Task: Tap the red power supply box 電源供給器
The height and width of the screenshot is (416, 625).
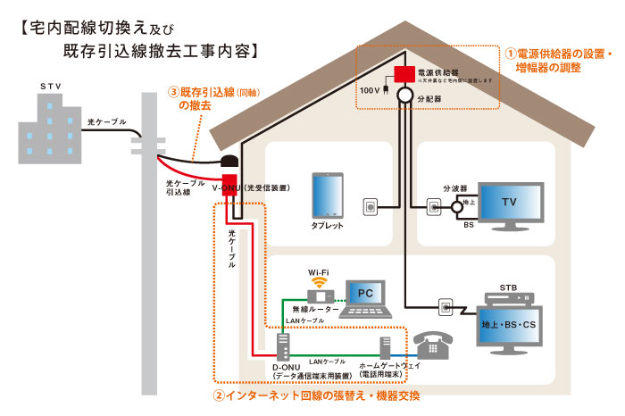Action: pyautogui.click(x=404, y=72)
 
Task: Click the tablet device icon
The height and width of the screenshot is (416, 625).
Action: pyautogui.click(x=328, y=196)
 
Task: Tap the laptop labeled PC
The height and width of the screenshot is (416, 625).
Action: pyautogui.click(x=363, y=295)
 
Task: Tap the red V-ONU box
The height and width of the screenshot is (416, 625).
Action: pyautogui.click(x=229, y=187)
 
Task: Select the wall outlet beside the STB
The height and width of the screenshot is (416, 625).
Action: pyautogui.click(x=446, y=308)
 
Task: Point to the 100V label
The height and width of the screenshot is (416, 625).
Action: pyautogui.click(x=369, y=90)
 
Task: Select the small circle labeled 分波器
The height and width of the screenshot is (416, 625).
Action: pyautogui.click(x=455, y=207)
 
